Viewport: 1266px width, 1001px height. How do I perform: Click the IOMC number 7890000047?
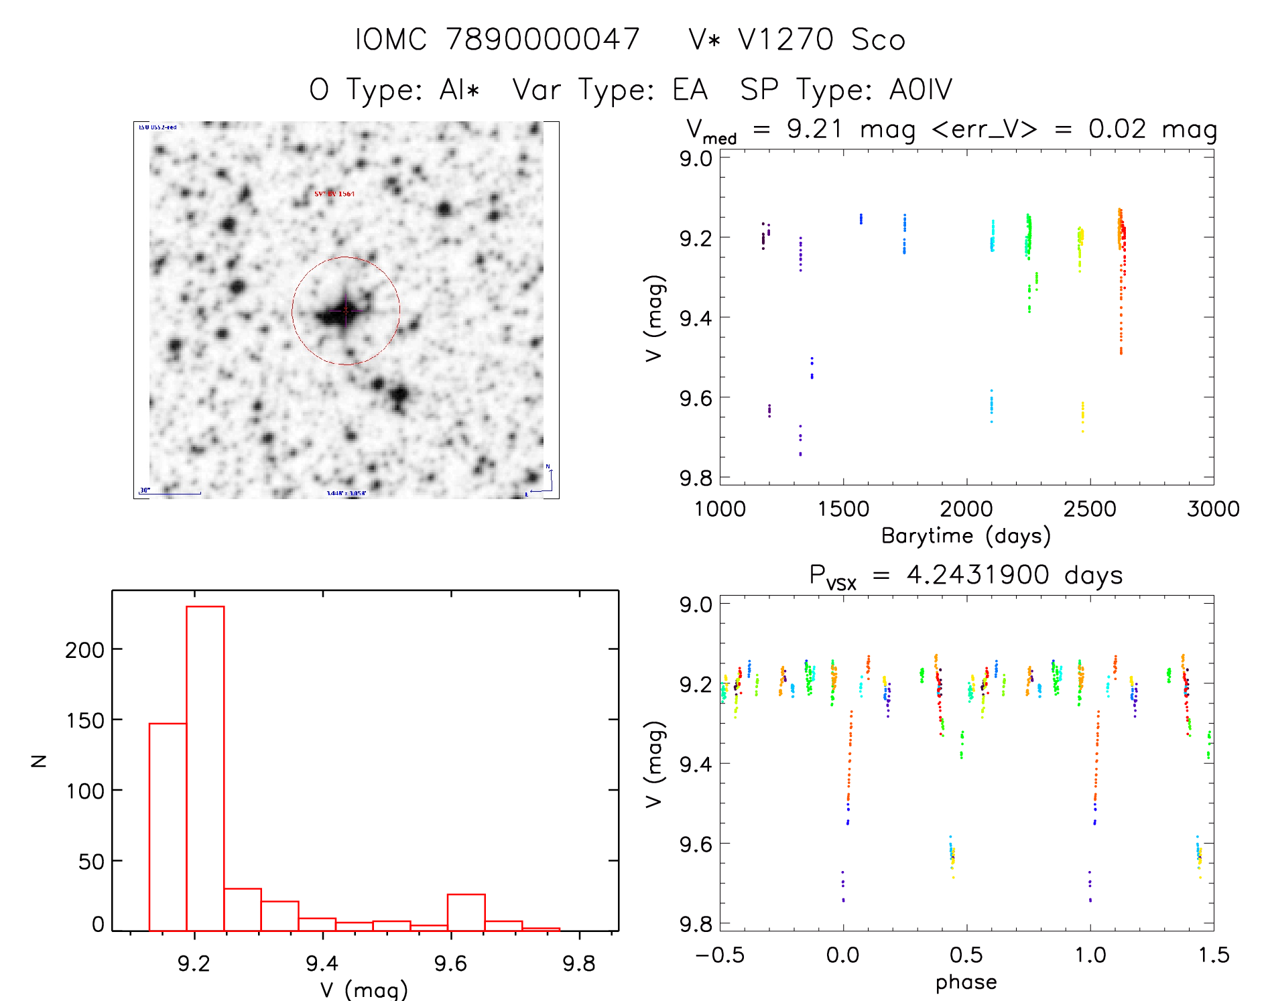tap(543, 40)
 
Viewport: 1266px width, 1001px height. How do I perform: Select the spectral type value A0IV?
tap(921, 90)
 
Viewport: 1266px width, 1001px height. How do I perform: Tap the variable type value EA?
tap(690, 90)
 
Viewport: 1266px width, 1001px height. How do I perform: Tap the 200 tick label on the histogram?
tap(85, 650)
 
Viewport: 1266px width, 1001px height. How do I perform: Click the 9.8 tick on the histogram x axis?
tap(579, 963)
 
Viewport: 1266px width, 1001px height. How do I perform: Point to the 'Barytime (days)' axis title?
tap(966, 536)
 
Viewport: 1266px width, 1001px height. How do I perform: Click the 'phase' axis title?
tap(966, 982)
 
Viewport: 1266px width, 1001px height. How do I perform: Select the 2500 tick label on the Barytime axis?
tap(1090, 509)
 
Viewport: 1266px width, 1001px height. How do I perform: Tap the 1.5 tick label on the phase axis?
tap(1213, 955)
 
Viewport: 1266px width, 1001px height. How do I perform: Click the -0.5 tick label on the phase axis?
tap(720, 955)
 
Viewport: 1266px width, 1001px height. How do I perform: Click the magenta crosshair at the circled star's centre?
tap(346, 310)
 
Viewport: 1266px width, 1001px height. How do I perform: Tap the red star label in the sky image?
tap(334, 194)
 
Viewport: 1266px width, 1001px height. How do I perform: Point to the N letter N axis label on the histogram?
tap(40, 760)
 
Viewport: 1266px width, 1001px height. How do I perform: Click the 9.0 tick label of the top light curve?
tap(696, 159)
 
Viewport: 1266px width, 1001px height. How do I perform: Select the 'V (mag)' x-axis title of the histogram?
tap(364, 990)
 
